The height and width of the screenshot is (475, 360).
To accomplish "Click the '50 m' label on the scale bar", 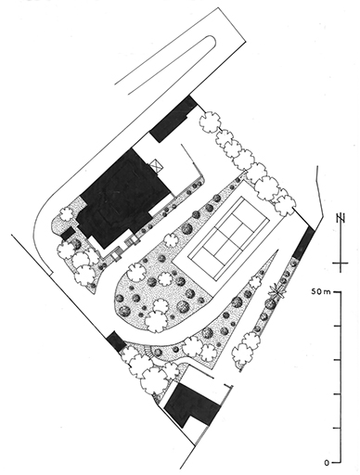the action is pyautogui.click(x=320, y=291).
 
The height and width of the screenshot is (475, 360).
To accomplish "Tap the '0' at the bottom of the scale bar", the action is pyautogui.click(x=328, y=463).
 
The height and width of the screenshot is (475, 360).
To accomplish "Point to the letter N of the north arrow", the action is pyautogui.click(x=341, y=218).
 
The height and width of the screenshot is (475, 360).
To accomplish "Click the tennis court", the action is pyautogui.click(x=229, y=237).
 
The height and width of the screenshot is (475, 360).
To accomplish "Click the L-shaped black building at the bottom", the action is pyautogui.click(x=192, y=404).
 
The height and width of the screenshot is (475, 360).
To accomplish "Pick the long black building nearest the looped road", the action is pyautogui.click(x=174, y=119).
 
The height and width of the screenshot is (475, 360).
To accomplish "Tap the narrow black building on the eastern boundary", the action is pyautogui.click(x=303, y=243).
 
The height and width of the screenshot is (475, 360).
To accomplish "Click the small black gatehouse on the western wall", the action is pyautogui.click(x=116, y=340).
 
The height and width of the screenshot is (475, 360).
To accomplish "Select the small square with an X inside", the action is pyautogui.click(x=157, y=164).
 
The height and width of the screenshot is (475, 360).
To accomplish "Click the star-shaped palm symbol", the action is pyautogui.click(x=277, y=290).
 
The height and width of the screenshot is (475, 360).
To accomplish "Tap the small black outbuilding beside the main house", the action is pyautogui.click(x=68, y=233).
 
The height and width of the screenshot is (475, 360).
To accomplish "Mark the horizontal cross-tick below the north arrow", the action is pyautogui.click(x=341, y=263).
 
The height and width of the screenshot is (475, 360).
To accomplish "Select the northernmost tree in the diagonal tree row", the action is pyautogui.click(x=210, y=122).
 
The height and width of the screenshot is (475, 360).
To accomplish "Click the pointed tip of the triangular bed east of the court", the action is pyautogui.click(x=276, y=250).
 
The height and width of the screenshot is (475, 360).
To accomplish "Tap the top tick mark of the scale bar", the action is pyautogui.click(x=337, y=291).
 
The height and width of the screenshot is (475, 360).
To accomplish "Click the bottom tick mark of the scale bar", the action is pyautogui.click(x=337, y=463).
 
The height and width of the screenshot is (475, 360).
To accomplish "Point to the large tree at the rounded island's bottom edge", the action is pyautogui.click(x=158, y=321).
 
